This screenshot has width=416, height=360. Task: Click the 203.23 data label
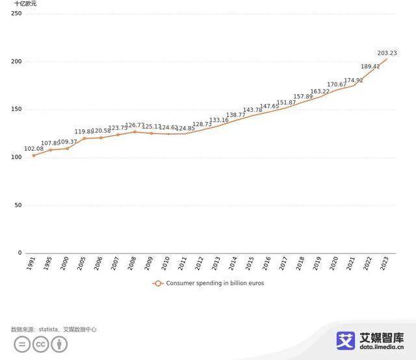tap(387, 53)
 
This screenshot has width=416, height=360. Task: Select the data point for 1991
tap(34, 155)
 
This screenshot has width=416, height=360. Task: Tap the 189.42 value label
tap(370, 66)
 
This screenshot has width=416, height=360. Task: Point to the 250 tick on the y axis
tap(16, 14)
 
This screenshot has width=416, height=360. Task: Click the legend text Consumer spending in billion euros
tap(214, 283)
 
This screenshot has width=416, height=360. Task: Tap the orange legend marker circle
tap(157, 283)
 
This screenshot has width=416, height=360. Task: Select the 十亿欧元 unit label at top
tap(25, 4)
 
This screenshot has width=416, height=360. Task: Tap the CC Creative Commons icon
tap(41, 344)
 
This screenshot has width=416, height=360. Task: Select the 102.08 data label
tap(34, 149)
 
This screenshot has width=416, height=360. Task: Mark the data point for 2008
tap(135, 132)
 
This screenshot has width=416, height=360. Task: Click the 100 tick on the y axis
tap(16, 158)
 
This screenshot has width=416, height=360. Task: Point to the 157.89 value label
tap(303, 97)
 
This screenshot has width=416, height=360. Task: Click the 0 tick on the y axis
tap(19, 253)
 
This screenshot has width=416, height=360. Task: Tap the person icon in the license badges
tap(59, 344)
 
